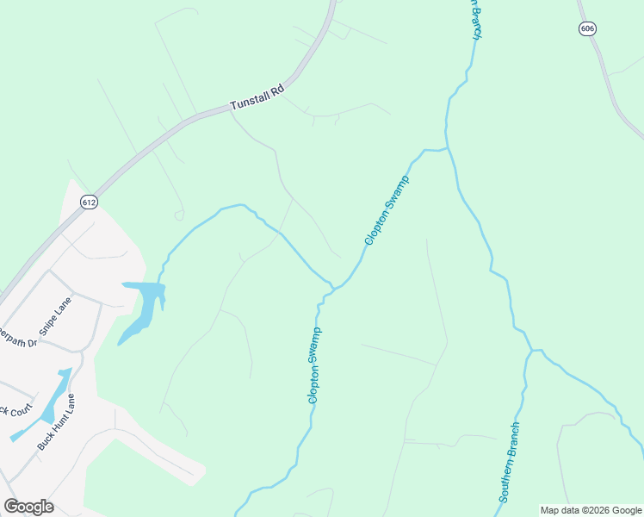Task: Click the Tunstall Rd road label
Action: (257, 98)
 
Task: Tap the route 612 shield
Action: (89, 202)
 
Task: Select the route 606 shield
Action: (587, 28)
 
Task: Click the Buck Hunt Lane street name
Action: (57, 421)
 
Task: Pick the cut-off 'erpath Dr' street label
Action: (19, 336)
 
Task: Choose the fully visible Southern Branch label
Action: (510, 463)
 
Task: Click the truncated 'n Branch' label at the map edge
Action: (474, 19)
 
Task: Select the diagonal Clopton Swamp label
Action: (386, 209)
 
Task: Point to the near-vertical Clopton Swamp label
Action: (315, 365)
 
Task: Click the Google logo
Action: (28, 507)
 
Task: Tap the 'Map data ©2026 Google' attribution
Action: (591, 510)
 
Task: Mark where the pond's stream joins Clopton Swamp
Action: (331, 283)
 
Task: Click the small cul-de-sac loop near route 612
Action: (179, 215)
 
